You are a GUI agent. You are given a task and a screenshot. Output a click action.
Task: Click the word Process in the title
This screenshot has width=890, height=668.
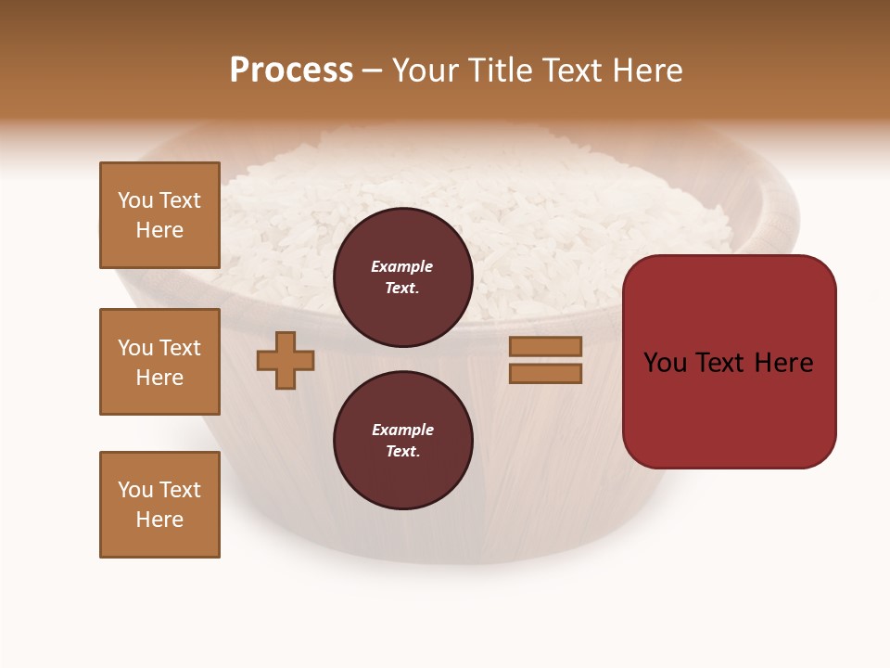click(291, 71)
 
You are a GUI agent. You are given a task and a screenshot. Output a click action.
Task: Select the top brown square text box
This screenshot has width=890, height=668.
click(159, 215)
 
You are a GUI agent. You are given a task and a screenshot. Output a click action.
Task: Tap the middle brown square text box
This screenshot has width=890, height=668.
click(159, 362)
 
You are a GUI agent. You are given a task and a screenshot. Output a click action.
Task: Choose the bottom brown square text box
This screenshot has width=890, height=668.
click(159, 505)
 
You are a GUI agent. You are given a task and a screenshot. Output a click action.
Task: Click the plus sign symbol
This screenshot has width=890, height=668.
click(286, 360)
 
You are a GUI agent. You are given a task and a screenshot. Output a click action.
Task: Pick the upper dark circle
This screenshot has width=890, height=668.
click(403, 276)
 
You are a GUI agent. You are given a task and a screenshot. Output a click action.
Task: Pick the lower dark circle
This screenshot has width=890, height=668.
click(403, 440)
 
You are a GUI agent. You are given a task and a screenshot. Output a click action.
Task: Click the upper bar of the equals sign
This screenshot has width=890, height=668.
click(545, 346)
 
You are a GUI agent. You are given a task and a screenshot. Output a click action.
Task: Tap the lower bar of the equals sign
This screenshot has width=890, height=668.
click(545, 373)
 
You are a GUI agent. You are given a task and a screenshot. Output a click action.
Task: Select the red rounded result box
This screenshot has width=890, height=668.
click(729, 361)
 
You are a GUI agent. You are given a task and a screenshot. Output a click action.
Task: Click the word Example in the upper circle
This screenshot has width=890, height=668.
click(402, 266)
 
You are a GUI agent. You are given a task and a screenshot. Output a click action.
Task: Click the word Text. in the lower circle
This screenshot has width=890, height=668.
click(402, 451)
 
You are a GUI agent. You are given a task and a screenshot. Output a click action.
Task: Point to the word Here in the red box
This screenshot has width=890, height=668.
click(783, 363)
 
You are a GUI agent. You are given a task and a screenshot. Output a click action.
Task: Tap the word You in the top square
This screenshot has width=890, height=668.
click(134, 200)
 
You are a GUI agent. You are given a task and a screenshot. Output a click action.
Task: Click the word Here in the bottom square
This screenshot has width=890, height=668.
click(159, 520)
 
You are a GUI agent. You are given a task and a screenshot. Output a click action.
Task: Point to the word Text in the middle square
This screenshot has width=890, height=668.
click(180, 348)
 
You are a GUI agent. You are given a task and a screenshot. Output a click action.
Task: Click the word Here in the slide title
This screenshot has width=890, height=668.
click(647, 71)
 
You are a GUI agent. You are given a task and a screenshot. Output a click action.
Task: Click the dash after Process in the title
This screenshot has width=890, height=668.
click(373, 71)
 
